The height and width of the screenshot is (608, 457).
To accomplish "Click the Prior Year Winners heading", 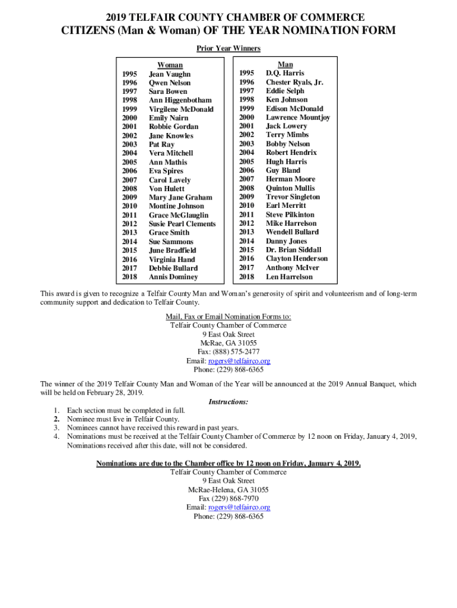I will tap(228, 49).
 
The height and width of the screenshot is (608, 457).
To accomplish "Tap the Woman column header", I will tap(170, 65).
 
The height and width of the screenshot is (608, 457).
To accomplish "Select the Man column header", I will tap(285, 65).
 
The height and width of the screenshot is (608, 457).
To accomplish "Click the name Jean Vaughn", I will tap(170, 74).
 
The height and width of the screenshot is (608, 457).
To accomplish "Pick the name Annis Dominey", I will tap(173, 277).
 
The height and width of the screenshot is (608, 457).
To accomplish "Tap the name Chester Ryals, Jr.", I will tap(294, 83).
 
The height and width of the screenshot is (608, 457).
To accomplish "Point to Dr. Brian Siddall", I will tap(293, 250).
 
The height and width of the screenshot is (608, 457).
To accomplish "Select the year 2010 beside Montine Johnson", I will tap(129, 206).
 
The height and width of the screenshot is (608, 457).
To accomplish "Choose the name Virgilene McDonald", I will tap(181, 109).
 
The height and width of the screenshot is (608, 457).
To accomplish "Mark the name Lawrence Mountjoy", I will tap(298, 118).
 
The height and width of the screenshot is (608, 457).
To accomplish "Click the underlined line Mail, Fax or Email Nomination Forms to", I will tap(228, 317).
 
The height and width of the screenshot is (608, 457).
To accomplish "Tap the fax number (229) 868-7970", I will tap(237, 499).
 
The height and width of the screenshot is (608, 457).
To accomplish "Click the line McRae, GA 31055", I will tap(228, 343).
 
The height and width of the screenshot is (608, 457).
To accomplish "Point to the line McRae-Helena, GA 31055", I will tap(228, 490).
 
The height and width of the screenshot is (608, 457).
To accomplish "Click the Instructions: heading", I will tap(228, 402).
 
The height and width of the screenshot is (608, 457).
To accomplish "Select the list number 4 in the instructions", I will tap(56, 436).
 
